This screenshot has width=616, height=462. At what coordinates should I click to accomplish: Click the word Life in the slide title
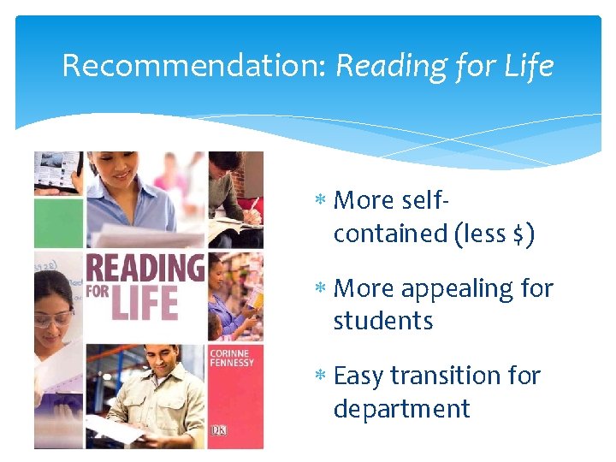[530, 66]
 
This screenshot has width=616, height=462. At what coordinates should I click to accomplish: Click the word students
[383, 321]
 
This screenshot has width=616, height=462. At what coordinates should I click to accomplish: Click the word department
[401, 408]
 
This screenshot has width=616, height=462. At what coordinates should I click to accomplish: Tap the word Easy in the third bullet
[358, 376]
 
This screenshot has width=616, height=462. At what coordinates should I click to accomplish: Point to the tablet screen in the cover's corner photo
[56, 171]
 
